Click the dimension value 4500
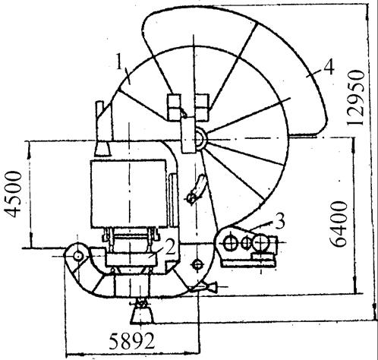[13, 194]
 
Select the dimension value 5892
[131, 340]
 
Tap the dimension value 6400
[339, 224]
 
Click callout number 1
[120, 62]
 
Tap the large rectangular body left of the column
[128, 193]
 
